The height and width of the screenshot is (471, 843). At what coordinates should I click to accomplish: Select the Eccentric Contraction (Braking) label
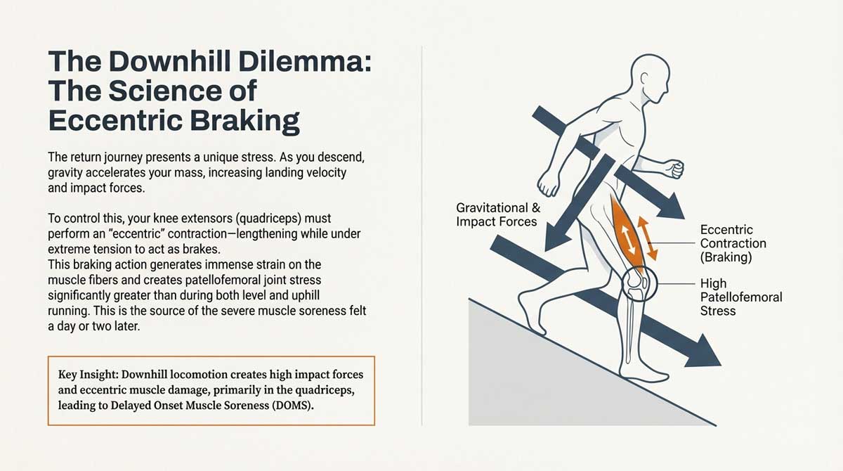coord(733,243)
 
